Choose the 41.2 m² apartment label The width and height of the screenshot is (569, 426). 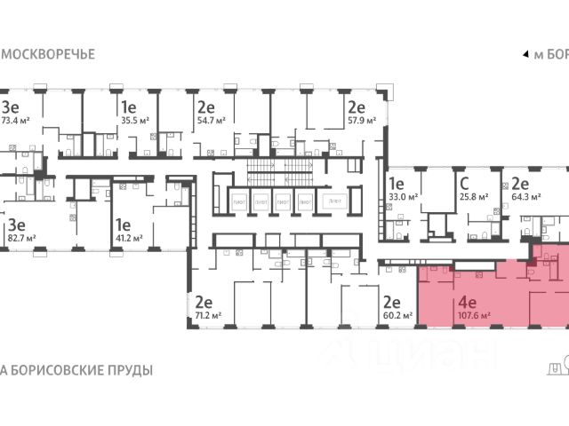click(129, 239)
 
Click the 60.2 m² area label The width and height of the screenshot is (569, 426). click(397, 314)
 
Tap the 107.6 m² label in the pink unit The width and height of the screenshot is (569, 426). click(474, 314)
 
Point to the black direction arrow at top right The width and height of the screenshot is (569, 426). click(524, 54)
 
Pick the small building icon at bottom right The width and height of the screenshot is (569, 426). click(557, 367)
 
